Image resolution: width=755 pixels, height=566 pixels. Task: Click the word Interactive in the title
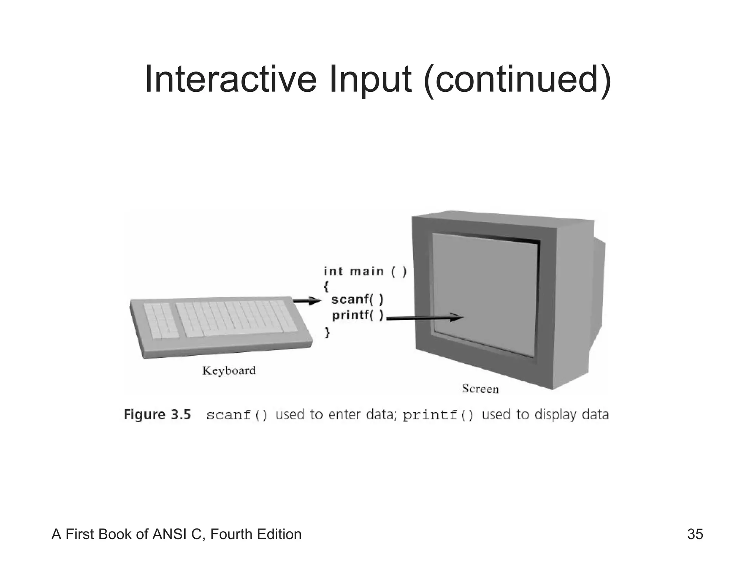pyautogui.click(x=230, y=79)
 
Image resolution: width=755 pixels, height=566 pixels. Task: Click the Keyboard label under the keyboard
pyautogui.click(x=229, y=370)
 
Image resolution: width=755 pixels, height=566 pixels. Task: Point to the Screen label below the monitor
pyautogui.click(x=480, y=389)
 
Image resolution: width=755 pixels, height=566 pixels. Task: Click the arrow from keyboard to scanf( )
pyautogui.click(x=307, y=301)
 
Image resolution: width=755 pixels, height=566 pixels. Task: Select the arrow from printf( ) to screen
pyautogui.click(x=424, y=318)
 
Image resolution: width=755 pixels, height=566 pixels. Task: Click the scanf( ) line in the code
pyautogui.click(x=357, y=300)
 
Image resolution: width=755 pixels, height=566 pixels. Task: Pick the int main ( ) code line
pyautogui.click(x=365, y=272)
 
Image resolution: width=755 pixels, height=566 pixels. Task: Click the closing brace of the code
pyautogui.click(x=327, y=332)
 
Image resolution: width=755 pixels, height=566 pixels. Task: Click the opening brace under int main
pyautogui.click(x=326, y=286)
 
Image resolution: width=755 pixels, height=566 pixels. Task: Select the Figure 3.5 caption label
pyautogui.click(x=157, y=415)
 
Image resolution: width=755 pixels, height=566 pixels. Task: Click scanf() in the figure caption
pyautogui.click(x=237, y=415)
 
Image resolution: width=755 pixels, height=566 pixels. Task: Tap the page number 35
pyautogui.click(x=695, y=534)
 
